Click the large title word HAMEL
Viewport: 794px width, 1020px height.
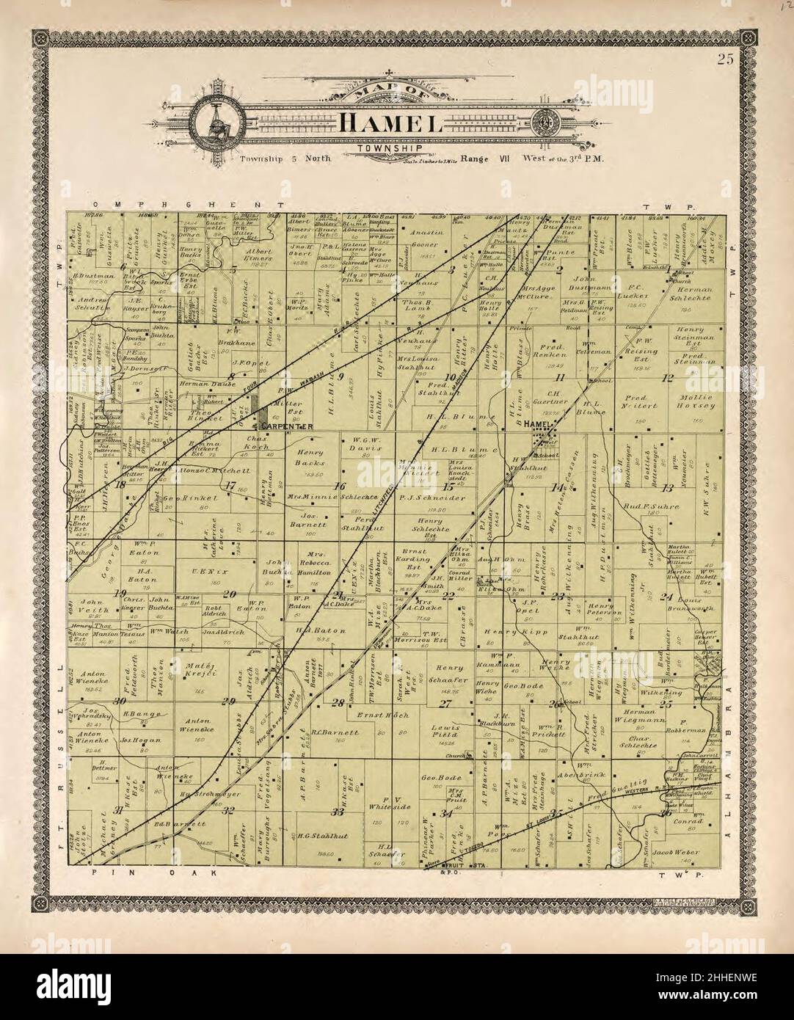[390, 123]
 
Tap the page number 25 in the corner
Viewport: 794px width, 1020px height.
[726, 60]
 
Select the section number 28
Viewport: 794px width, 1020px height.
[338, 703]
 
